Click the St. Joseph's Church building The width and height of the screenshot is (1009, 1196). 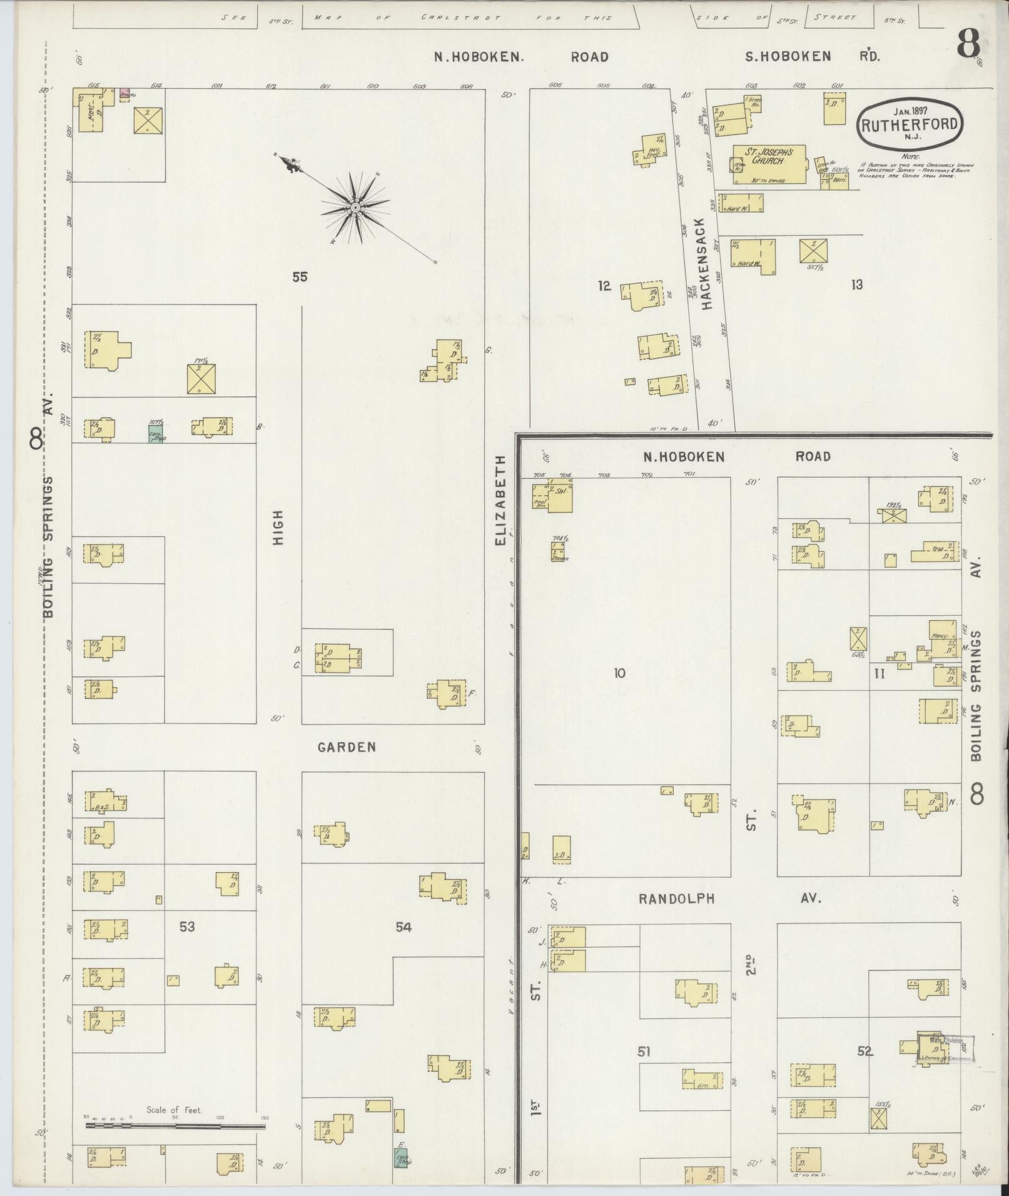pos(769,164)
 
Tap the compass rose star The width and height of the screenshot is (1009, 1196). pos(355,207)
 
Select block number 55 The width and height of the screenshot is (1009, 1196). pos(300,276)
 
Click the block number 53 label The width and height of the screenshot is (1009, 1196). pos(186,926)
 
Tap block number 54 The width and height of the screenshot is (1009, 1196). pos(403,927)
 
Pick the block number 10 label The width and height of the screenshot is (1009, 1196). pos(619,673)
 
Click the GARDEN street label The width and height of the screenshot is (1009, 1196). pos(347,746)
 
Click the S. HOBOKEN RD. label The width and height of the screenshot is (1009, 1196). pos(813,57)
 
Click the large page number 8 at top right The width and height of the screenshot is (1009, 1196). pos(968,44)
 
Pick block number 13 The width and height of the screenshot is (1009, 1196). pos(856,285)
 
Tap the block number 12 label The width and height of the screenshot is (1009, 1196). pos(604,286)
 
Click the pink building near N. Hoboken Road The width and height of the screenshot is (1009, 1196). pos(124,94)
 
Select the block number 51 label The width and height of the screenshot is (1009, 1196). pos(644,1052)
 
